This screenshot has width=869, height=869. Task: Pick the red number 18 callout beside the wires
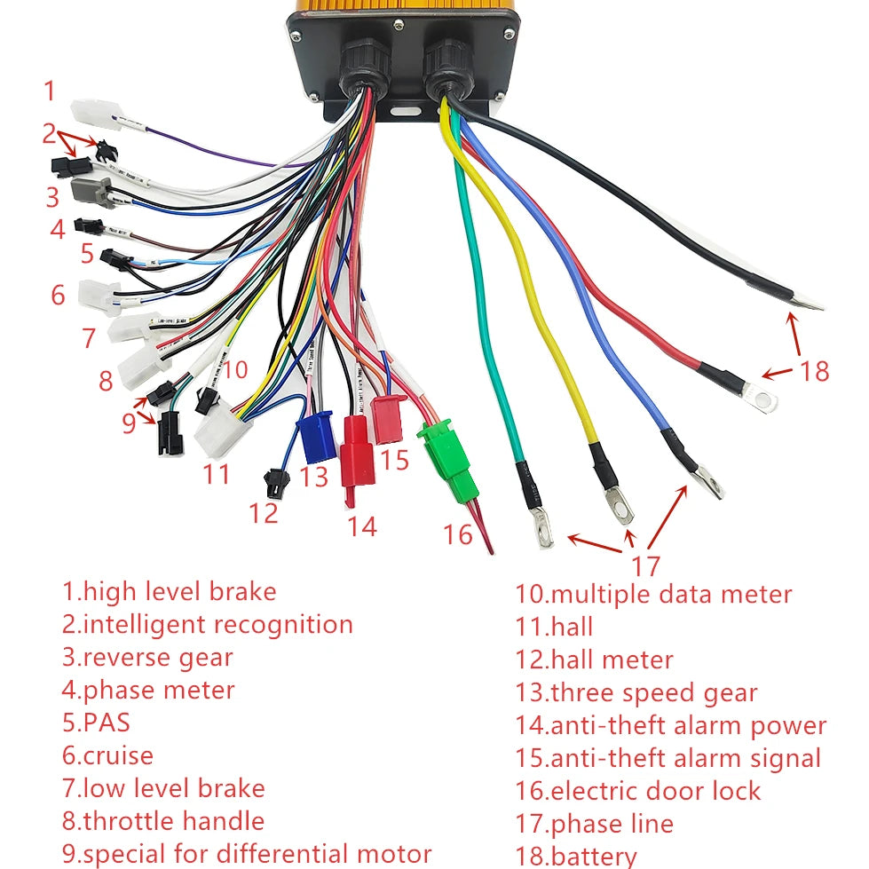tap(813, 370)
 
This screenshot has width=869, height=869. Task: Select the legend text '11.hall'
tap(554, 627)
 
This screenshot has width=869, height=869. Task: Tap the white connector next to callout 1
tap(96, 114)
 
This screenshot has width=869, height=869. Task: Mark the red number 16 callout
tap(459, 534)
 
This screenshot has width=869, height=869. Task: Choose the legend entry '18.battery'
tap(576, 857)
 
